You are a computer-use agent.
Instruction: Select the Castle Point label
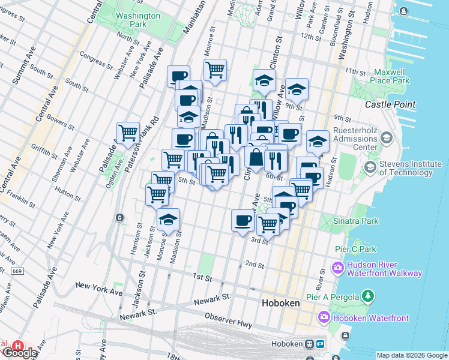[390, 104]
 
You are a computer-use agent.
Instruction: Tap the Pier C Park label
[355, 249]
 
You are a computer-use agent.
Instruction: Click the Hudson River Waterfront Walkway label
[384, 269]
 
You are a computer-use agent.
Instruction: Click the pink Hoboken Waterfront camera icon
[325, 316]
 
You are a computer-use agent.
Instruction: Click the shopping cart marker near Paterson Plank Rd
[128, 133]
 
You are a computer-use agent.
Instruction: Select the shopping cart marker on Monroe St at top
[215, 69]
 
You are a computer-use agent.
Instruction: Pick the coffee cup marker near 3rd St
[243, 220]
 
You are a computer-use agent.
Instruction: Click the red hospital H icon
[19, 347]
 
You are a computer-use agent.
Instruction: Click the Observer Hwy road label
[226, 316]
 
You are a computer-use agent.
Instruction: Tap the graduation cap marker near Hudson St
[318, 142]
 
